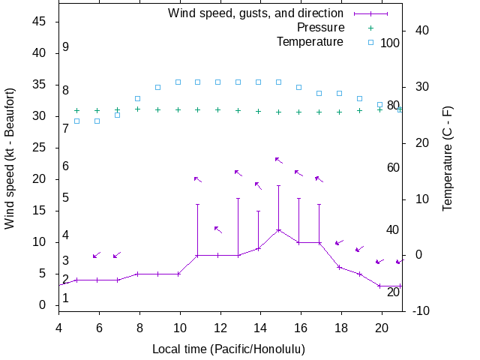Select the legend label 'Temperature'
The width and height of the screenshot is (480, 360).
point(310,41)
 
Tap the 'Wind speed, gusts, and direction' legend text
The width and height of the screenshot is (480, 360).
point(255,13)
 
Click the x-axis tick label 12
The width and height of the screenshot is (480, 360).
point(220,327)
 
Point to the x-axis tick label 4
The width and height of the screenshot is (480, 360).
point(58,327)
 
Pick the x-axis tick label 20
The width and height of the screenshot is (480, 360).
point(381,327)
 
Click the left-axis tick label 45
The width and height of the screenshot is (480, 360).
point(40,22)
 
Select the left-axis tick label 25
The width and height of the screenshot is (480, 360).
point(40,148)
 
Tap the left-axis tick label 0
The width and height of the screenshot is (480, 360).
point(43,305)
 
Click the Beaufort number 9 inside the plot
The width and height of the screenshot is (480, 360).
point(66,47)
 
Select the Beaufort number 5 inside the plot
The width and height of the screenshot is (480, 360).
point(66,198)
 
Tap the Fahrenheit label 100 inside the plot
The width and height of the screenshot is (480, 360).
point(390,43)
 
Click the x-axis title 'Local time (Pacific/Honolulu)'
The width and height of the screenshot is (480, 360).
point(229,349)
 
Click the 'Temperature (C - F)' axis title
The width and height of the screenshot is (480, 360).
point(448,157)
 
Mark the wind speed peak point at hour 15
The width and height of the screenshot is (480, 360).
point(278,229)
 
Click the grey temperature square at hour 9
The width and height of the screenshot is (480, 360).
point(157,87)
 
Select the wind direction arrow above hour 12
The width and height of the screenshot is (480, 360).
point(217,229)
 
